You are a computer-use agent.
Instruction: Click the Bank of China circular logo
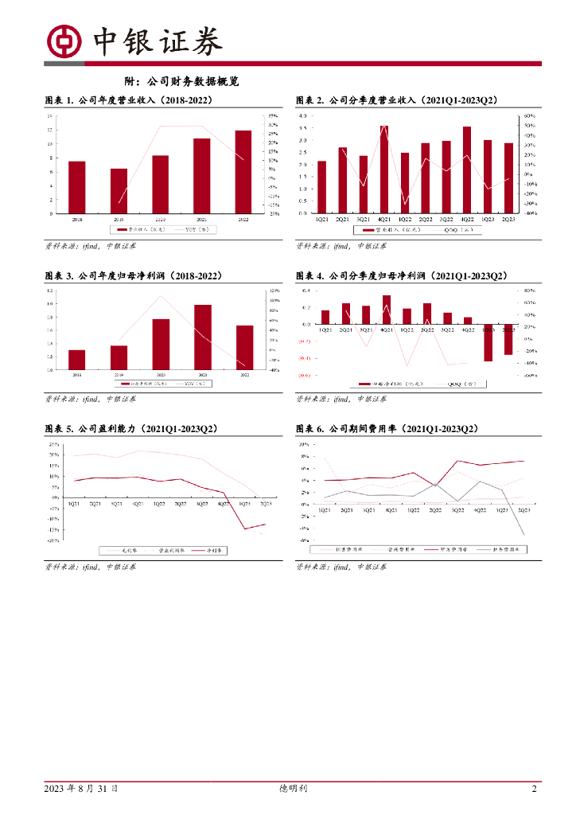tap(64, 41)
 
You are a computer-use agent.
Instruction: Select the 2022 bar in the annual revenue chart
tap(243, 171)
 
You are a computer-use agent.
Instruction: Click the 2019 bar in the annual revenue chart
tap(119, 190)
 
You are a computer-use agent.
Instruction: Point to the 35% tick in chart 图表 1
tap(273, 117)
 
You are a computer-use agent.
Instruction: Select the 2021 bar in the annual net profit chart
tap(203, 337)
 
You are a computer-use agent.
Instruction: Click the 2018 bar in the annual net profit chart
tap(76, 360)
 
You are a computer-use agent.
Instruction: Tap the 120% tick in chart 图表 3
tap(274, 291)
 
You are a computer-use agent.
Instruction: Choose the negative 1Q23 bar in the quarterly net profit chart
tap(488, 343)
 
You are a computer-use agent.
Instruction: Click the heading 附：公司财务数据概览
tap(182, 82)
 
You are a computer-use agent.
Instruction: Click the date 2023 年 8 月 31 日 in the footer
tap(81, 789)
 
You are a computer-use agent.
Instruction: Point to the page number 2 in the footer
tap(535, 789)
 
